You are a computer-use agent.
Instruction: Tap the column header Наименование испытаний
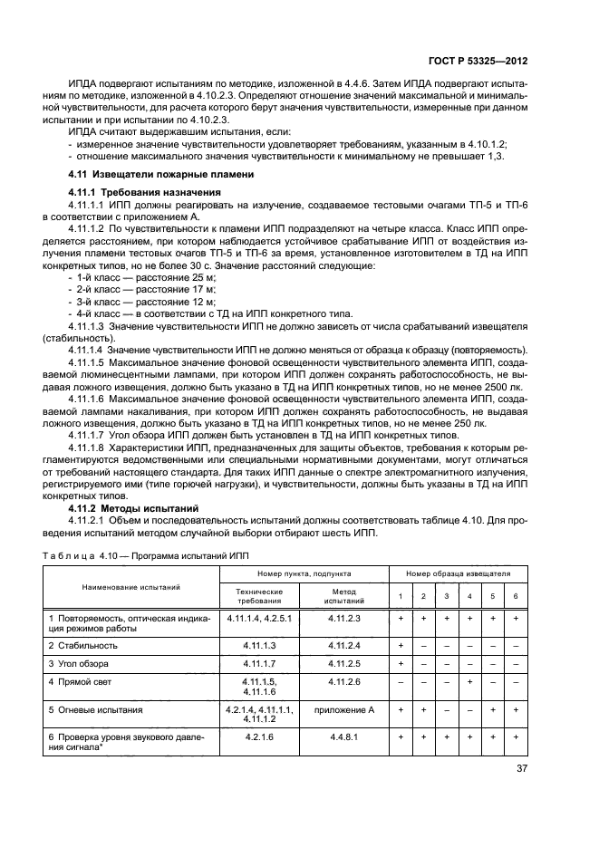[x=132, y=587]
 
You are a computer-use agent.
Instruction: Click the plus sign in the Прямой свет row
[x=469, y=680]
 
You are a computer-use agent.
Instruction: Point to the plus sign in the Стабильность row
[x=400, y=644]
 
